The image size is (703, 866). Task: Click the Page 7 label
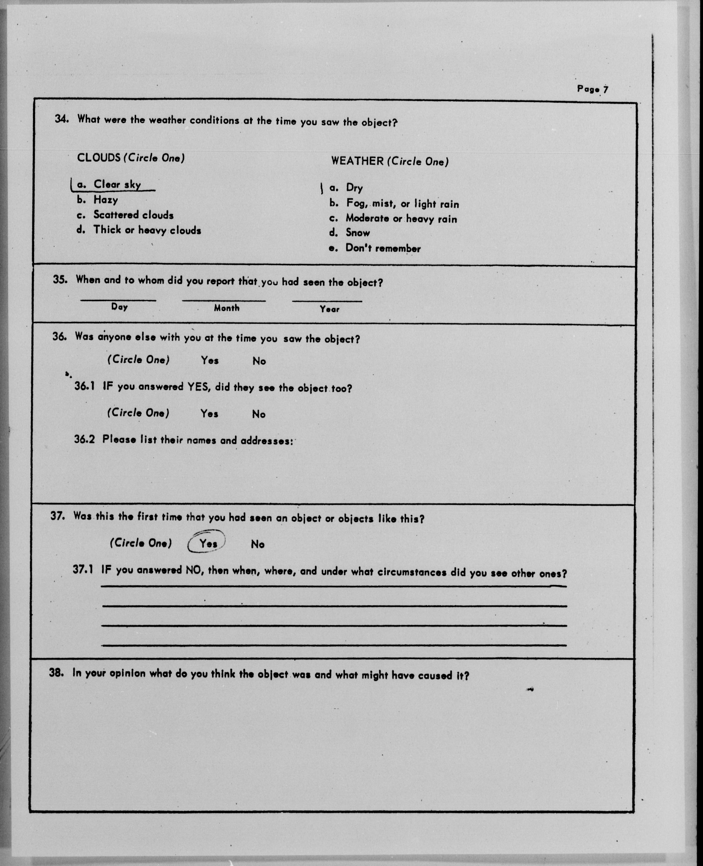592,89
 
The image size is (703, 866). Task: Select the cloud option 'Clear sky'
117,185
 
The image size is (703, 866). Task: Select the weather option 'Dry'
354,188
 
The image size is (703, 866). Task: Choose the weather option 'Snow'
358,233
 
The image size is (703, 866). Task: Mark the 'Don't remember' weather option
383,248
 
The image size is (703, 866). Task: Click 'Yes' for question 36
210,360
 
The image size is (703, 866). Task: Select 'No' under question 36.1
259,414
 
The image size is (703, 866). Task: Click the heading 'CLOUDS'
99,157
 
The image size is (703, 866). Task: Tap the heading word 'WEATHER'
357,161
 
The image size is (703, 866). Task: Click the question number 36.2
84,439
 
